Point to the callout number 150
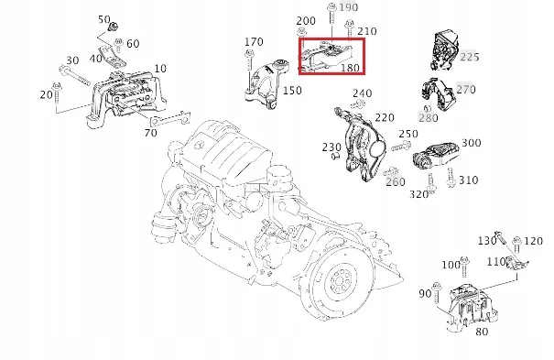pos(291,91)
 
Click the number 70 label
pos(149,133)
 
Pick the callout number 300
pos(471,143)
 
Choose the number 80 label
pos(482,332)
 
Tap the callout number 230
pos(331,147)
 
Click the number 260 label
pos(396,181)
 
